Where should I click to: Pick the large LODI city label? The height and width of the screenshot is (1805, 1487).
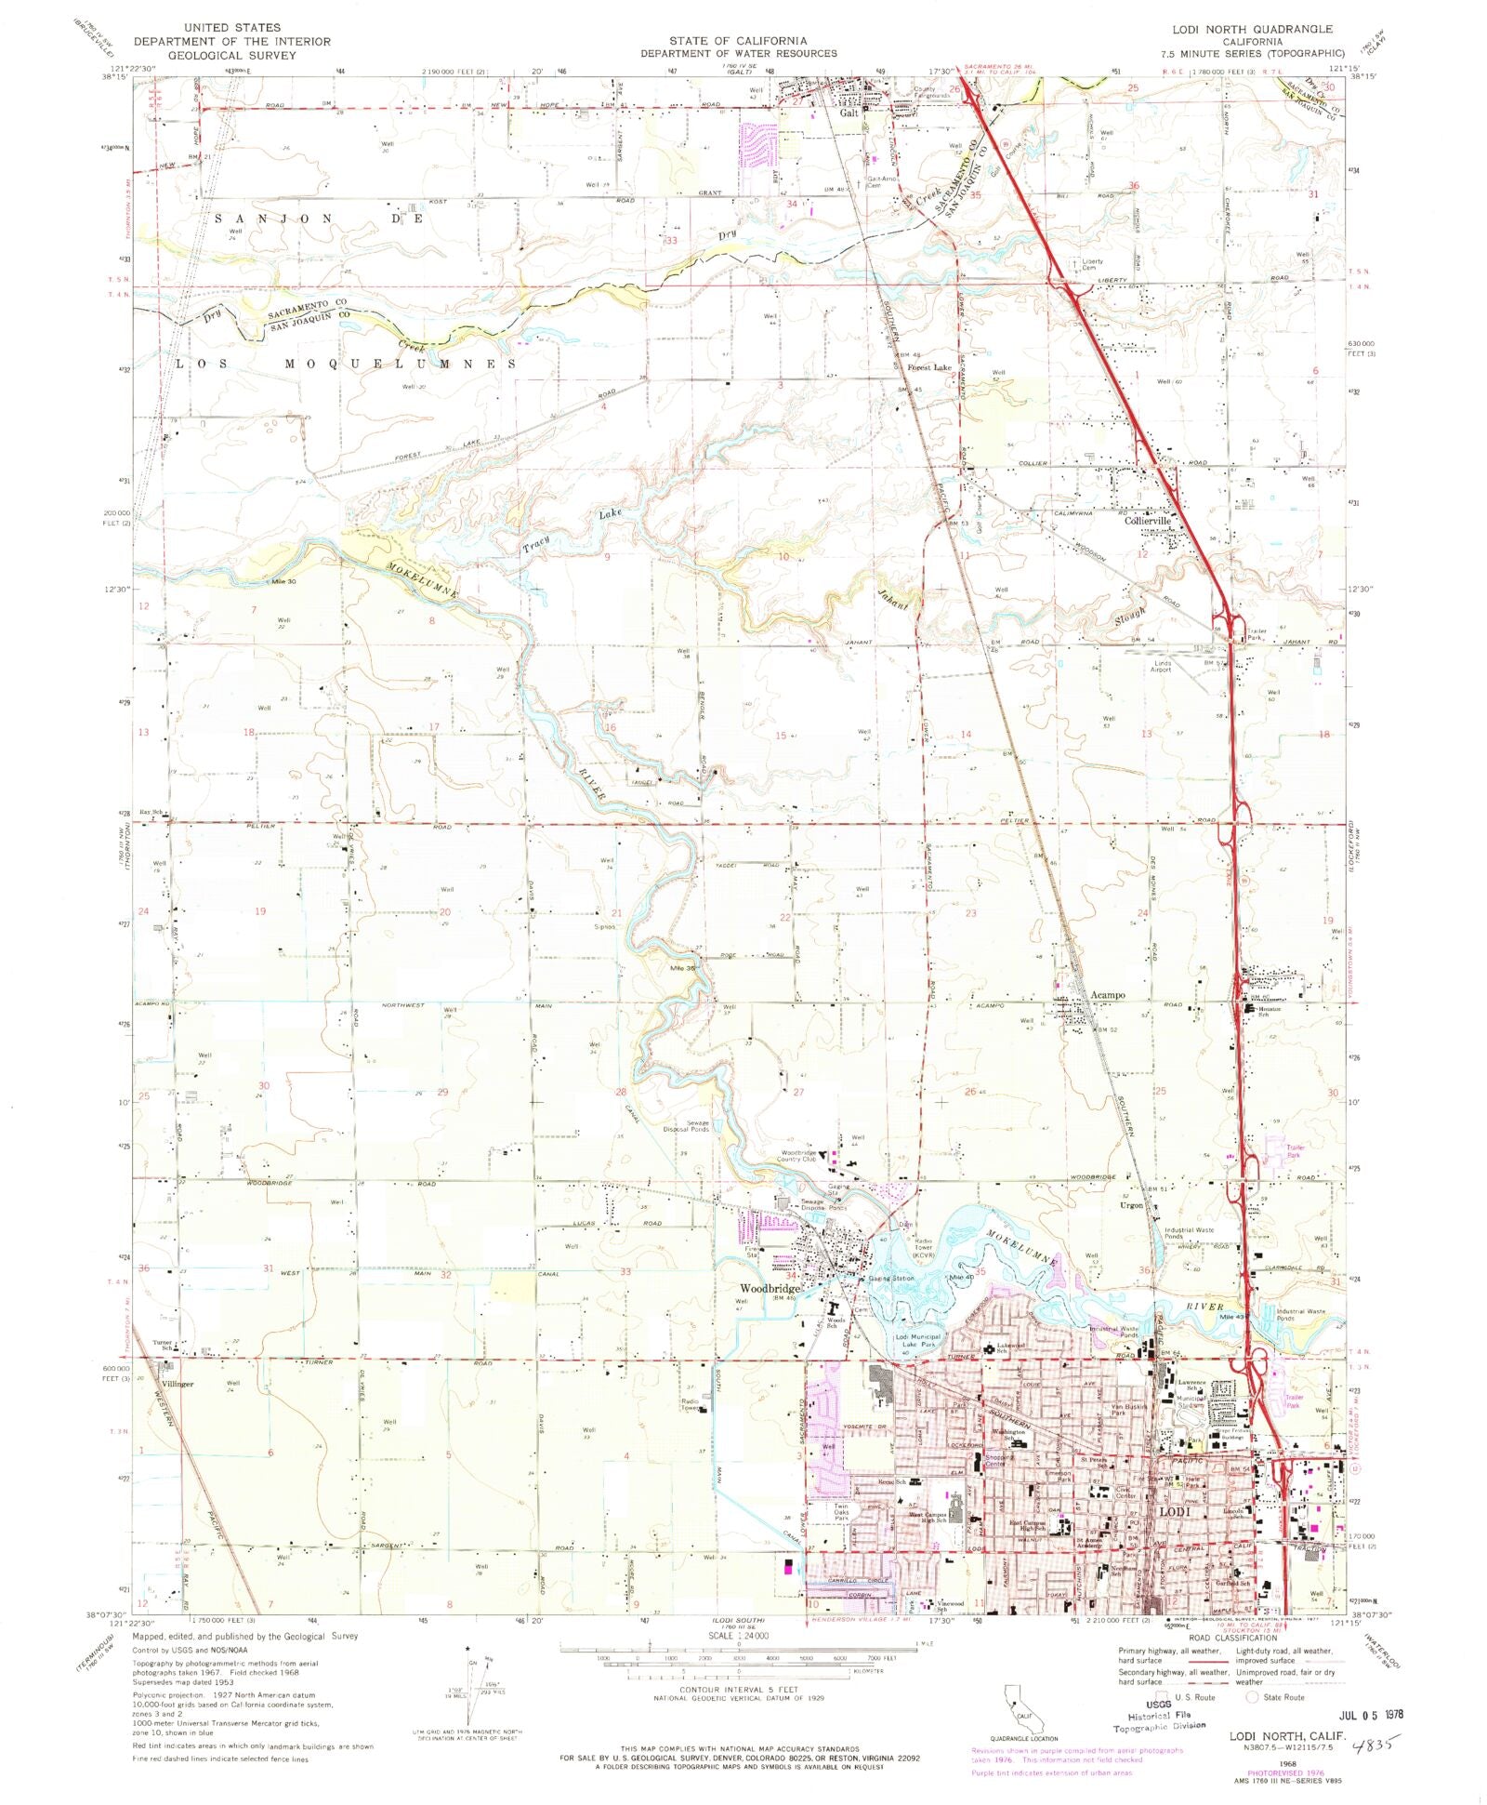coord(1172,1513)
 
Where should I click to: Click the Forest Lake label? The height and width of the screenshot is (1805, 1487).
coord(929,367)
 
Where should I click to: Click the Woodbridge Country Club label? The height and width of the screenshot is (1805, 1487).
coord(796,1156)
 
